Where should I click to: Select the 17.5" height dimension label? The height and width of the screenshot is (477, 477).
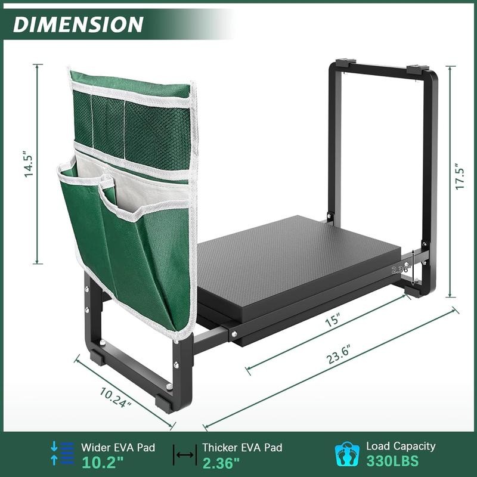458,176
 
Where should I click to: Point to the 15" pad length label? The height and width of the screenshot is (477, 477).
340,320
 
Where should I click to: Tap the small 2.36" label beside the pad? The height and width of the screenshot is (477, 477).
399,270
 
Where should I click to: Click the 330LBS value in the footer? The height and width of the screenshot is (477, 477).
392,461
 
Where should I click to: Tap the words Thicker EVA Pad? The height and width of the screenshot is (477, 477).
242,447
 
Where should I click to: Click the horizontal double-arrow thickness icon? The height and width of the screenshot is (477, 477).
185,455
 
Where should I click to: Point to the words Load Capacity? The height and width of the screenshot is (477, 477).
401,446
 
